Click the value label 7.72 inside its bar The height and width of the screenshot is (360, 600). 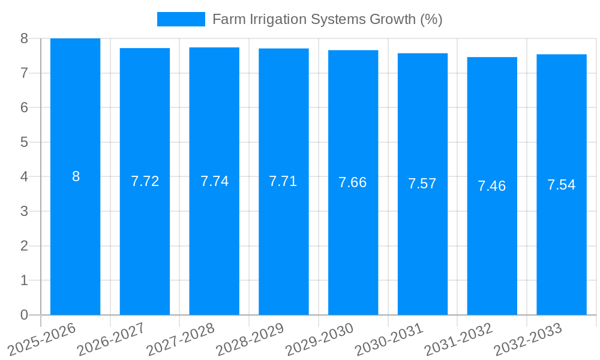tap(145, 181)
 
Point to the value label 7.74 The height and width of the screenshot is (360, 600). tap(214, 181)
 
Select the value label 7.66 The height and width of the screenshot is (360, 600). tap(353, 182)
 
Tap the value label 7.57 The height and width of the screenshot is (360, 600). tap(422, 184)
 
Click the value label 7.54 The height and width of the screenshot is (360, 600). tap(562, 185)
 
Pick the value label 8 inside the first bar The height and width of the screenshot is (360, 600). tap(76, 176)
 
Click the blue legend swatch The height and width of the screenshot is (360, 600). tap(181, 19)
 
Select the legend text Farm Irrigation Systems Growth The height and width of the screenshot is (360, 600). tap(327, 19)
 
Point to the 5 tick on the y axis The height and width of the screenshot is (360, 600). tap(25, 142)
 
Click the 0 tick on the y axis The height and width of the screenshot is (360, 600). tap(25, 315)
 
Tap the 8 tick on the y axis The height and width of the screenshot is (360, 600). tap(25, 38)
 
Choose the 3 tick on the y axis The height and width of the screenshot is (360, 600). tap(25, 211)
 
